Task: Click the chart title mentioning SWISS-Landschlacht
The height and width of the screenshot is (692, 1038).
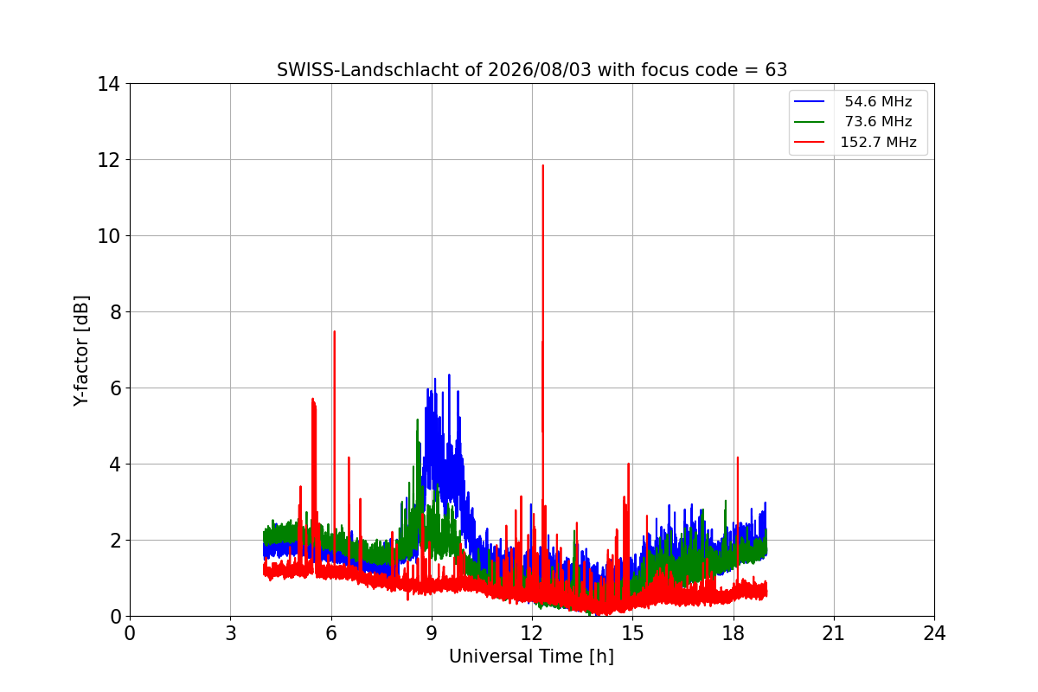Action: pyautogui.click(x=532, y=70)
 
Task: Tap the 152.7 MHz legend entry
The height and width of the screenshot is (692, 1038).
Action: pyautogui.click(x=855, y=142)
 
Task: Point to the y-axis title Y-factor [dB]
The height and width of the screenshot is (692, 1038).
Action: pyautogui.click(x=81, y=351)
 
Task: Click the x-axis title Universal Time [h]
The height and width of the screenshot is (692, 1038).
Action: pyautogui.click(x=531, y=657)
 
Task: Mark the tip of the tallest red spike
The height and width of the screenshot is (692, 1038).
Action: pyautogui.click(x=543, y=165)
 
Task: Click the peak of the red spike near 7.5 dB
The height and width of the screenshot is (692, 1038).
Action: pyautogui.click(x=334, y=331)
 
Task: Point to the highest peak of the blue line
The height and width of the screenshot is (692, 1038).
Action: pyautogui.click(x=449, y=375)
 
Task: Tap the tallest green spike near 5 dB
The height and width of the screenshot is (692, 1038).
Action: pyautogui.click(x=418, y=420)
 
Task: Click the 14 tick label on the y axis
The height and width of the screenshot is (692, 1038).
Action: pyautogui.click(x=108, y=84)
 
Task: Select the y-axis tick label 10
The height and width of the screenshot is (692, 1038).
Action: pyautogui.click(x=108, y=236)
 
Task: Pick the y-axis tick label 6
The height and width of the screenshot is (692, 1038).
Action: pyautogui.click(x=115, y=388)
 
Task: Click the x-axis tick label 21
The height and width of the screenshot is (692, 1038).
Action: pyautogui.click(x=834, y=633)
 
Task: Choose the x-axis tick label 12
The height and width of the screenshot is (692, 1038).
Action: pyautogui.click(x=532, y=633)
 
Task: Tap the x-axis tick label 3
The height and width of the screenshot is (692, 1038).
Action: pyautogui.click(x=231, y=633)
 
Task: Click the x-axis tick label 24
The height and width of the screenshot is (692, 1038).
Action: pyautogui.click(x=934, y=633)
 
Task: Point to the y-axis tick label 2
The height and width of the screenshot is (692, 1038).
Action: pyautogui.click(x=115, y=541)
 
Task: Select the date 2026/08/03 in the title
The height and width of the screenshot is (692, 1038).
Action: pyautogui.click(x=540, y=70)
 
